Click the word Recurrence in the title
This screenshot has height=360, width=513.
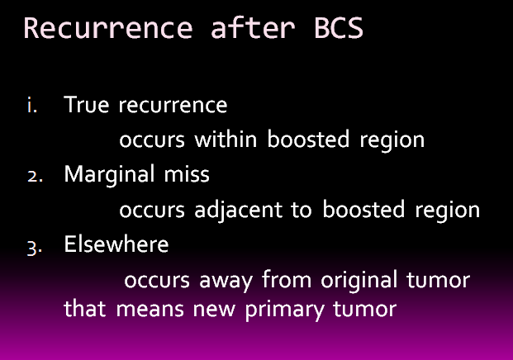pos(108,28)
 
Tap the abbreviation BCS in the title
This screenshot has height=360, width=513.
pos(339,28)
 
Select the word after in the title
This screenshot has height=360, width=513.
pos(253,27)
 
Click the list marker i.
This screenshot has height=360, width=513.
pos(32,106)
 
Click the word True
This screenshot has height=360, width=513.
pos(87,105)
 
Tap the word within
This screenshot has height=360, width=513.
pos(226,139)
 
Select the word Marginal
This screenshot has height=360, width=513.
pos(109,175)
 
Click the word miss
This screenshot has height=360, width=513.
pos(187,174)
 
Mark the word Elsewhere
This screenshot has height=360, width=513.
pos(116,244)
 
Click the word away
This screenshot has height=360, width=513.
pos(226,282)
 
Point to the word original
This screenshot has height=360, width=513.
pos(359,281)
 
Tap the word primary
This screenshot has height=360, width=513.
pos(285,310)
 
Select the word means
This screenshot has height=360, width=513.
pos(150,310)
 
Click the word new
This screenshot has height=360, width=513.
pos(214,310)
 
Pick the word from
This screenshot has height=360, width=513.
pos(287,279)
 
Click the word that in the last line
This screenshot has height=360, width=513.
pos(85,308)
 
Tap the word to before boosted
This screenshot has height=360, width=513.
pos(302,211)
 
